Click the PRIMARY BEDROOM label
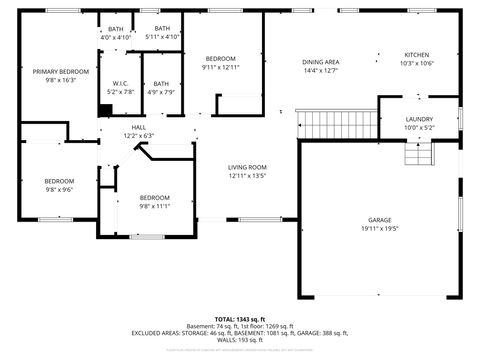(61, 72)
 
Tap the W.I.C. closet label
(120, 83)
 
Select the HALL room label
(139, 128)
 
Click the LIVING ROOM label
(246, 167)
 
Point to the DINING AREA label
(320, 62)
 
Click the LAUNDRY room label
(419, 119)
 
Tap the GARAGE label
(379, 220)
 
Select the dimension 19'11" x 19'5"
(379, 229)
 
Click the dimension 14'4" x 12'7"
(320, 71)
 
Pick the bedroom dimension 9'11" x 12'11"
(220, 67)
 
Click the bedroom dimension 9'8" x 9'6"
(59, 189)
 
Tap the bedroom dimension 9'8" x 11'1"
(154, 206)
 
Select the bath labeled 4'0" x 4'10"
(117, 37)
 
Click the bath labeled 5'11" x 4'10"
(161, 37)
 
